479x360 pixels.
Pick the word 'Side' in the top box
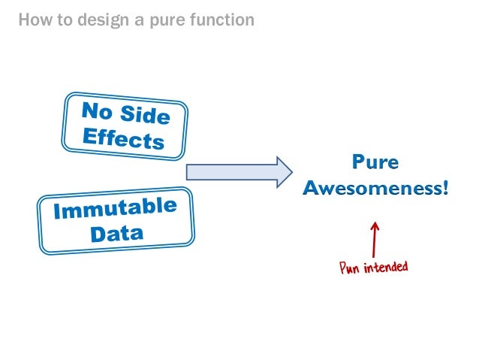tap(146, 118)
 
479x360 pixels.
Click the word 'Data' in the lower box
tap(116, 233)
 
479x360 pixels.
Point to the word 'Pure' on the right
tap(375, 162)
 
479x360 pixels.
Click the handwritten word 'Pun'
tap(351, 268)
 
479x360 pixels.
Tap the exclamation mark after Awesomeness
tap(445, 187)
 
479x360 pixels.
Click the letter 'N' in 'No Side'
tap(89, 110)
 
